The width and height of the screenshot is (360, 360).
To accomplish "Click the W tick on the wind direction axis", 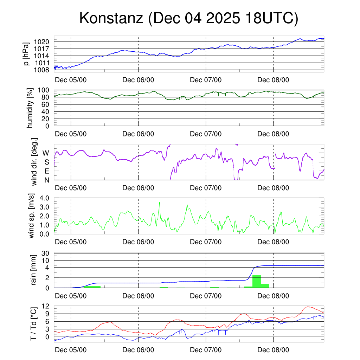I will coord(46,153).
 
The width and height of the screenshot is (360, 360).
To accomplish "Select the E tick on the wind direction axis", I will coord(47,171).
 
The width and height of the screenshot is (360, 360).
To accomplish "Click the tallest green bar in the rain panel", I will coord(257,281).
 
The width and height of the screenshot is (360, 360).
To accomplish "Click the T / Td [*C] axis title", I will coord(34,323).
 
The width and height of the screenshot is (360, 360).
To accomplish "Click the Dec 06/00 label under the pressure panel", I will coord(138,80).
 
